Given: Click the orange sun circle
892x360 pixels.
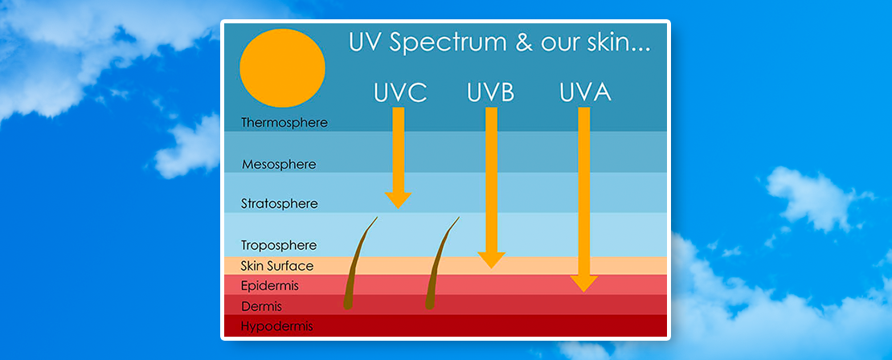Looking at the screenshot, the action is coord(282,67).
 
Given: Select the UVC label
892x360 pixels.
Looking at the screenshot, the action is coord(400,92).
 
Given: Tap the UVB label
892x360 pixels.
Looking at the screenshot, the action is coord(490,92).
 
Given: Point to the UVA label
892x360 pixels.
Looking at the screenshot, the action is coord(585,92).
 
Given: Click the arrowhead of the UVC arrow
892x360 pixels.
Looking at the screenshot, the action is coord(399,199).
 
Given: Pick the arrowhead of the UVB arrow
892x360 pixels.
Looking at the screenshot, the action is coord(491,260).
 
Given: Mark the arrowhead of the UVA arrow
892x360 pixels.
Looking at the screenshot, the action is coord(583,284).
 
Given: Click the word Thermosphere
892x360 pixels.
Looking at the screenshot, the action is coord(284,123).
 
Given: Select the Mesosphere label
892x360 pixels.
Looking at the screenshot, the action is coord(279,165).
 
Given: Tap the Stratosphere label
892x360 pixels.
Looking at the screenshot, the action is coord(280,203).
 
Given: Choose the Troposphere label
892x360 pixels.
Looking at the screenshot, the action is coord(279,246).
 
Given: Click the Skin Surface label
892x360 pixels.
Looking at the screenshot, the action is coord(277,266).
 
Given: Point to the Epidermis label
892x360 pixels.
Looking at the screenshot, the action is coord(270,285).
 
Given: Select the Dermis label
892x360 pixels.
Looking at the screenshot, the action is coord(262,306).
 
